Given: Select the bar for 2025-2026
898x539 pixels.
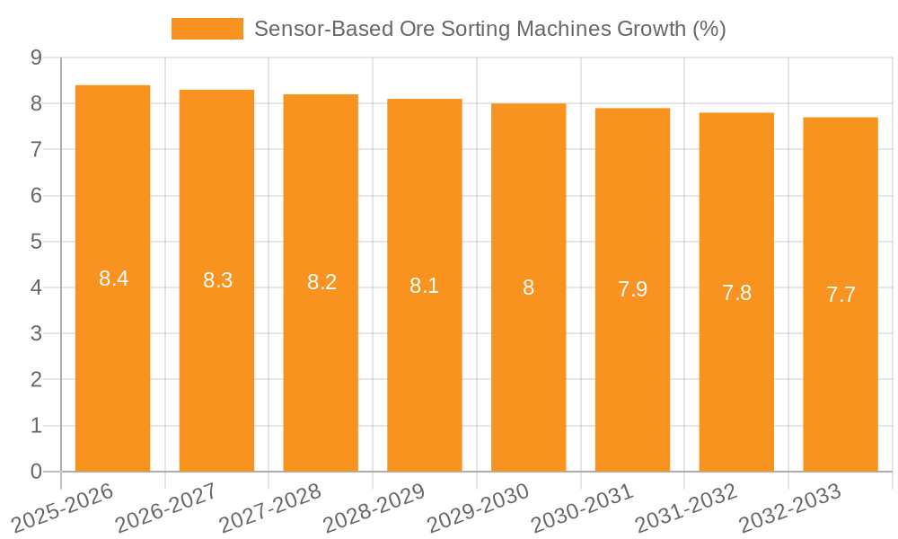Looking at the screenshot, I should (112, 278).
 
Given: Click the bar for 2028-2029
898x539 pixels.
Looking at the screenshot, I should (425, 286).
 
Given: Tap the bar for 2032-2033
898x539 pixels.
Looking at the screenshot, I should (841, 295).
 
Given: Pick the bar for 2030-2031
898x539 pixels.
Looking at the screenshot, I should (632, 290).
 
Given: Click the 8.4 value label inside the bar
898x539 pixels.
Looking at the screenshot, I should (113, 278).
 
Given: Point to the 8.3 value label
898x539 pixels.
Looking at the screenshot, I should (217, 280).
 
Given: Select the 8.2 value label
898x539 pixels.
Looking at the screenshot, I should (321, 282).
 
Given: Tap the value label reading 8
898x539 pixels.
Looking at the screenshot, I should (529, 287).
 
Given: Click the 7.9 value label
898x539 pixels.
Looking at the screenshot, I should (632, 289).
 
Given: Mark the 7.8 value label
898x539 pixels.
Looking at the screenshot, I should (736, 292).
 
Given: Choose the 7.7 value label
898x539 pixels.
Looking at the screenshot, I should (841, 295).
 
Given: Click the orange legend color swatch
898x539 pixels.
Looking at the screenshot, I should (207, 29).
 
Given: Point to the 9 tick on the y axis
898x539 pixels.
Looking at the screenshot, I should (36, 57).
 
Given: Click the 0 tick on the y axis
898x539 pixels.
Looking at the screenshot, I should (36, 472).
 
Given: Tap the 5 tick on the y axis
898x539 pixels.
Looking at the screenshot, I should (36, 242).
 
